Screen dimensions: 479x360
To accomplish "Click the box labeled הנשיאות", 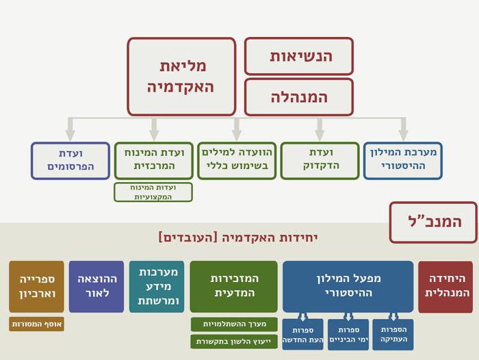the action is [299, 56].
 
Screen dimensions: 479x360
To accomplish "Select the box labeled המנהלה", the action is [299, 97].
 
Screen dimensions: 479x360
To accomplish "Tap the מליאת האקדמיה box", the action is [181, 77].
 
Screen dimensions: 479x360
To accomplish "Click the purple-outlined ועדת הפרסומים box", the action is [70, 161].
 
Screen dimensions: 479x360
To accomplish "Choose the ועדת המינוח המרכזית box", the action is [154, 160].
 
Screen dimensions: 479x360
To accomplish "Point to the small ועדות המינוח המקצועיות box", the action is [153, 192].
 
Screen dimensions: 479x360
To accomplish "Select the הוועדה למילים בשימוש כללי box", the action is [237, 160].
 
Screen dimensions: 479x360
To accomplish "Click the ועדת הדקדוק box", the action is [320, 160].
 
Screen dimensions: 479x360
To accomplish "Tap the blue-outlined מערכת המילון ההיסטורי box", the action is [403, 160].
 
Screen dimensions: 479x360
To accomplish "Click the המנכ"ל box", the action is [433, 222].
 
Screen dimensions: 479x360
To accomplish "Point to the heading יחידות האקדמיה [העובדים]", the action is [238, 237].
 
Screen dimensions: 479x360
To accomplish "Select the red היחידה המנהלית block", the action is [445, 287].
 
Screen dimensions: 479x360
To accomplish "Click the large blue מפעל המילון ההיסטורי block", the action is [348, 286].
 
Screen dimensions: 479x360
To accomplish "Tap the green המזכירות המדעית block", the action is [234, 286].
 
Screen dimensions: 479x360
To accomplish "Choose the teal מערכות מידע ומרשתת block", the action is [157, 286].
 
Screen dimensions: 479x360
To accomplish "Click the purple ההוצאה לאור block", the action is [96, 286].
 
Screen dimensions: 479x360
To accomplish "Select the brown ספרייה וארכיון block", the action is [37, 286].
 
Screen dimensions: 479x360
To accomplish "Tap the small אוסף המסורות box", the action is [37, 324].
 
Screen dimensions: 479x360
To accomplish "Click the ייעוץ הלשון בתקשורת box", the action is [234, 342].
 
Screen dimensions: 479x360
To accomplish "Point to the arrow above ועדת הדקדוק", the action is [320, 129].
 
